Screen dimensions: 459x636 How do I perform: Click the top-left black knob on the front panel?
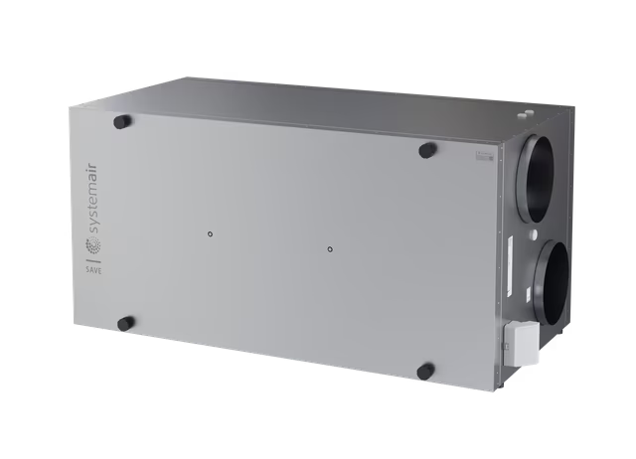click(122, 122)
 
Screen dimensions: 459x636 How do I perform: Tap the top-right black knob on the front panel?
click(426, 150)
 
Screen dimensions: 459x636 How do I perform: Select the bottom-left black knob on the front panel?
click(125, 323)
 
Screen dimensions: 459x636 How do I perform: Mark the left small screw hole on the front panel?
click(209, 234)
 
